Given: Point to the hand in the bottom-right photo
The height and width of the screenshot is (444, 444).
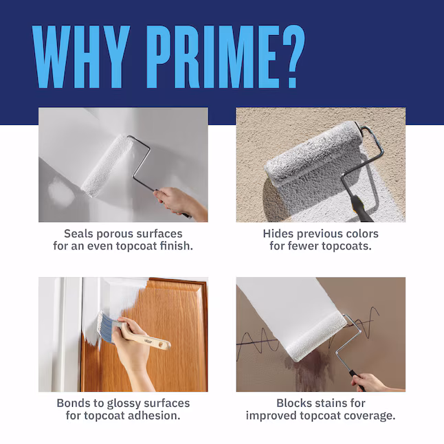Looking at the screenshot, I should (x=371, y=381).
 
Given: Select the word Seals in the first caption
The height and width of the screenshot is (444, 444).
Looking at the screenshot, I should (x=79, y=234).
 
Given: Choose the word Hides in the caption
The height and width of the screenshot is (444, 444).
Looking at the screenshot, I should (x=278, y=234).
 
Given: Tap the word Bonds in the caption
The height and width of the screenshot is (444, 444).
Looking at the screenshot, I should (x=74, y=403).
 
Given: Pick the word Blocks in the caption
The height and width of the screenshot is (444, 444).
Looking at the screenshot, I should (x=294, y=403).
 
